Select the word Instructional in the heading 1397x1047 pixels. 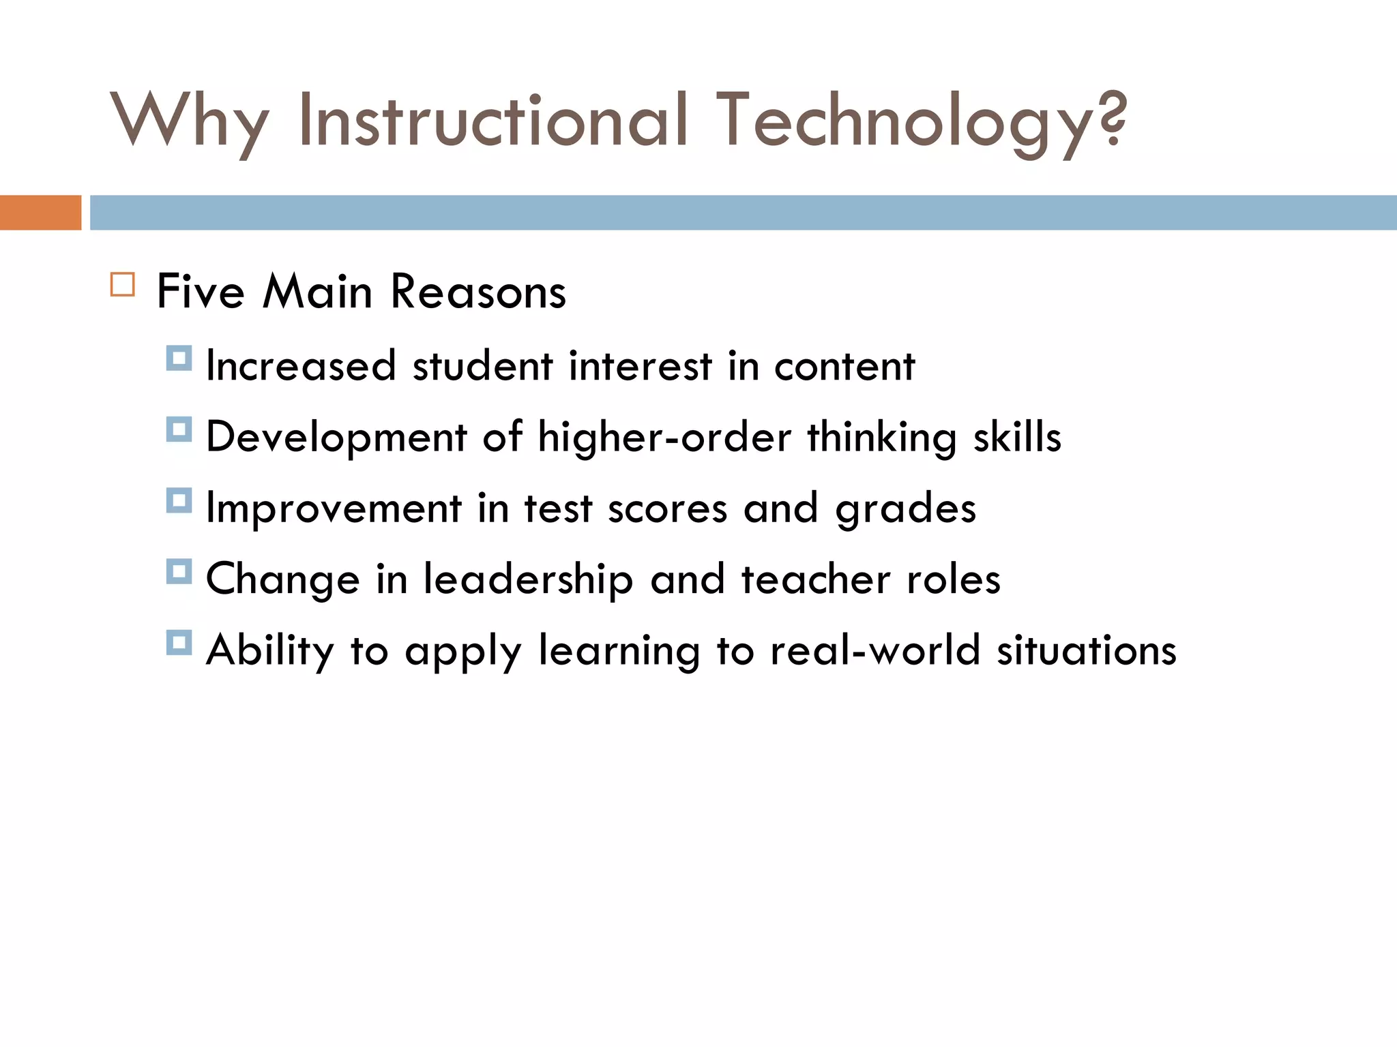tap(492, 121)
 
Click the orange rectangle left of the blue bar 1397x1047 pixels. tap(40, 213)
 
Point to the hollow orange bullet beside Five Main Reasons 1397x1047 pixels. tap(123, 284)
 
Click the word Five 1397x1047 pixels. tap(201, 292)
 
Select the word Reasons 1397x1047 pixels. tap(478, 292)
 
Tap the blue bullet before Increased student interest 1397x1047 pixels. tap(179, 358)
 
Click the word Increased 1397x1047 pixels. tap(301, 366)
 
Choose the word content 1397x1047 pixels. tap(844, 366)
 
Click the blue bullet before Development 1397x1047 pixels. tap(179, 429)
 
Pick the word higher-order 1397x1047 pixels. tap(664, 437)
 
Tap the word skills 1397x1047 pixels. tap(1017, 437)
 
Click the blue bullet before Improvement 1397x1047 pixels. tap(179, 500)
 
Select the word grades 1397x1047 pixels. tap(906, 509)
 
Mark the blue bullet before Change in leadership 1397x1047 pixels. tap(179, 572)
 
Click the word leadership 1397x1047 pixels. tap(528, 579)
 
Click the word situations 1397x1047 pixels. tap(1087, 650)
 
